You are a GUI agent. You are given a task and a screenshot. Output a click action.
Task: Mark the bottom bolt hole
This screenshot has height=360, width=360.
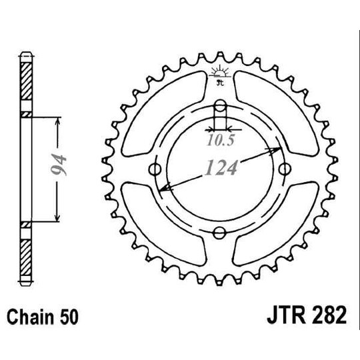point(219,231)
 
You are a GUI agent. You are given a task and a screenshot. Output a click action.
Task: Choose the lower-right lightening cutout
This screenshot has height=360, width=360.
point(280,230)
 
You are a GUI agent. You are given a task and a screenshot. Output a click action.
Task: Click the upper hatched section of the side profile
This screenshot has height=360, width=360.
point(26,83)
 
